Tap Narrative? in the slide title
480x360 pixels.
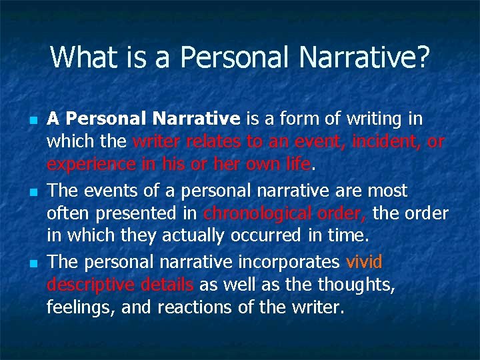366,57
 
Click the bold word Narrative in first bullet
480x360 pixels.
196,119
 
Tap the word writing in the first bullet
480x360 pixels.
377,119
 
